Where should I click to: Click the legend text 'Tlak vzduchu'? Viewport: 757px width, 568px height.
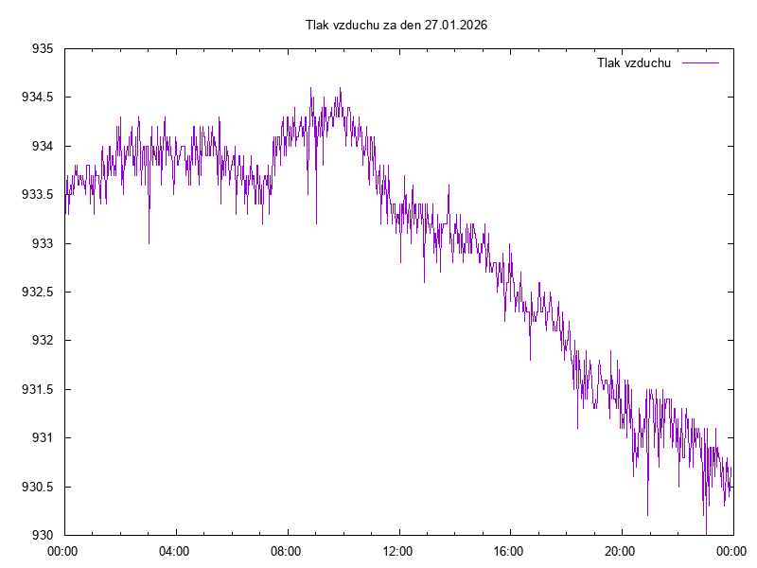[634, 63]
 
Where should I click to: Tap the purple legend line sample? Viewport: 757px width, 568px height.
[700, 63]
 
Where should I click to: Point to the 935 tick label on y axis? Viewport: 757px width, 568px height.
[42, 48]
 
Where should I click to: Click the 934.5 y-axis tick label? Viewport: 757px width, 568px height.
[37, 98]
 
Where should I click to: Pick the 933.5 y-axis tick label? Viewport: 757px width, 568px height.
[37, 195]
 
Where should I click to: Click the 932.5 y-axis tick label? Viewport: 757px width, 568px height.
[37, 292]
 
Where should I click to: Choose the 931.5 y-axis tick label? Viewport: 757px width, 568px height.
[37, 389]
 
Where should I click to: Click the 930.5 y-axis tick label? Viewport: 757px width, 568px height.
[37, 487]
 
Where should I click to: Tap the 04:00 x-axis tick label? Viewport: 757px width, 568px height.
[175, 550]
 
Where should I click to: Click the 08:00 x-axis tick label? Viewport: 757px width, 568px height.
[287, 550]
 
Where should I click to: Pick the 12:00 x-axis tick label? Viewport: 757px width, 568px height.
[398, 550]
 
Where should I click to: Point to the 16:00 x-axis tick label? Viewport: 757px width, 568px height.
[509, 550]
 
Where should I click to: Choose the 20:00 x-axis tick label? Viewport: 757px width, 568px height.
[621, 550]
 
